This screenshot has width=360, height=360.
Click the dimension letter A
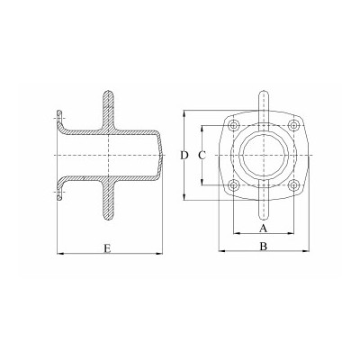click(263, 229)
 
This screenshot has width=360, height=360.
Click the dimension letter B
click(264, 247)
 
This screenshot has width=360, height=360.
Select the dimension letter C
click(202, 156)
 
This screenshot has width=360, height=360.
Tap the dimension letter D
click(184, 156)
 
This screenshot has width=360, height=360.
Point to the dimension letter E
click(107, 248)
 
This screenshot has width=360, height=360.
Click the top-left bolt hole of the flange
click(233, 125)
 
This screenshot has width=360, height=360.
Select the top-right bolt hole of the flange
click(292, 125)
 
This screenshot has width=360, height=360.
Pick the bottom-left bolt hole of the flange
click(233, 185)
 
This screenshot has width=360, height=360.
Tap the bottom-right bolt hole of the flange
click(292, 185)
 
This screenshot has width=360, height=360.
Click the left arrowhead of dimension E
click(60, 254)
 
